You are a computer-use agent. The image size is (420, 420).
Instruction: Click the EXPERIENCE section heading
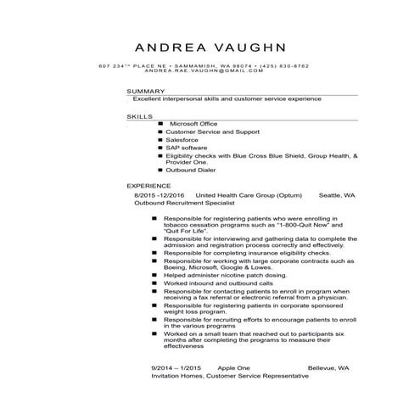[x=148, y=186]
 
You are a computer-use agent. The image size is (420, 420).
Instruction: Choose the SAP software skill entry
[x=187, y=148]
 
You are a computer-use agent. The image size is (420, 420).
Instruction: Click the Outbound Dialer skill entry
[x=190, y=170]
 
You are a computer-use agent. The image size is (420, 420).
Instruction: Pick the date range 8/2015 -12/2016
[x=160, y=195]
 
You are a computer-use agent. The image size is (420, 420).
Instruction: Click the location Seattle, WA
[x=337, y=195]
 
